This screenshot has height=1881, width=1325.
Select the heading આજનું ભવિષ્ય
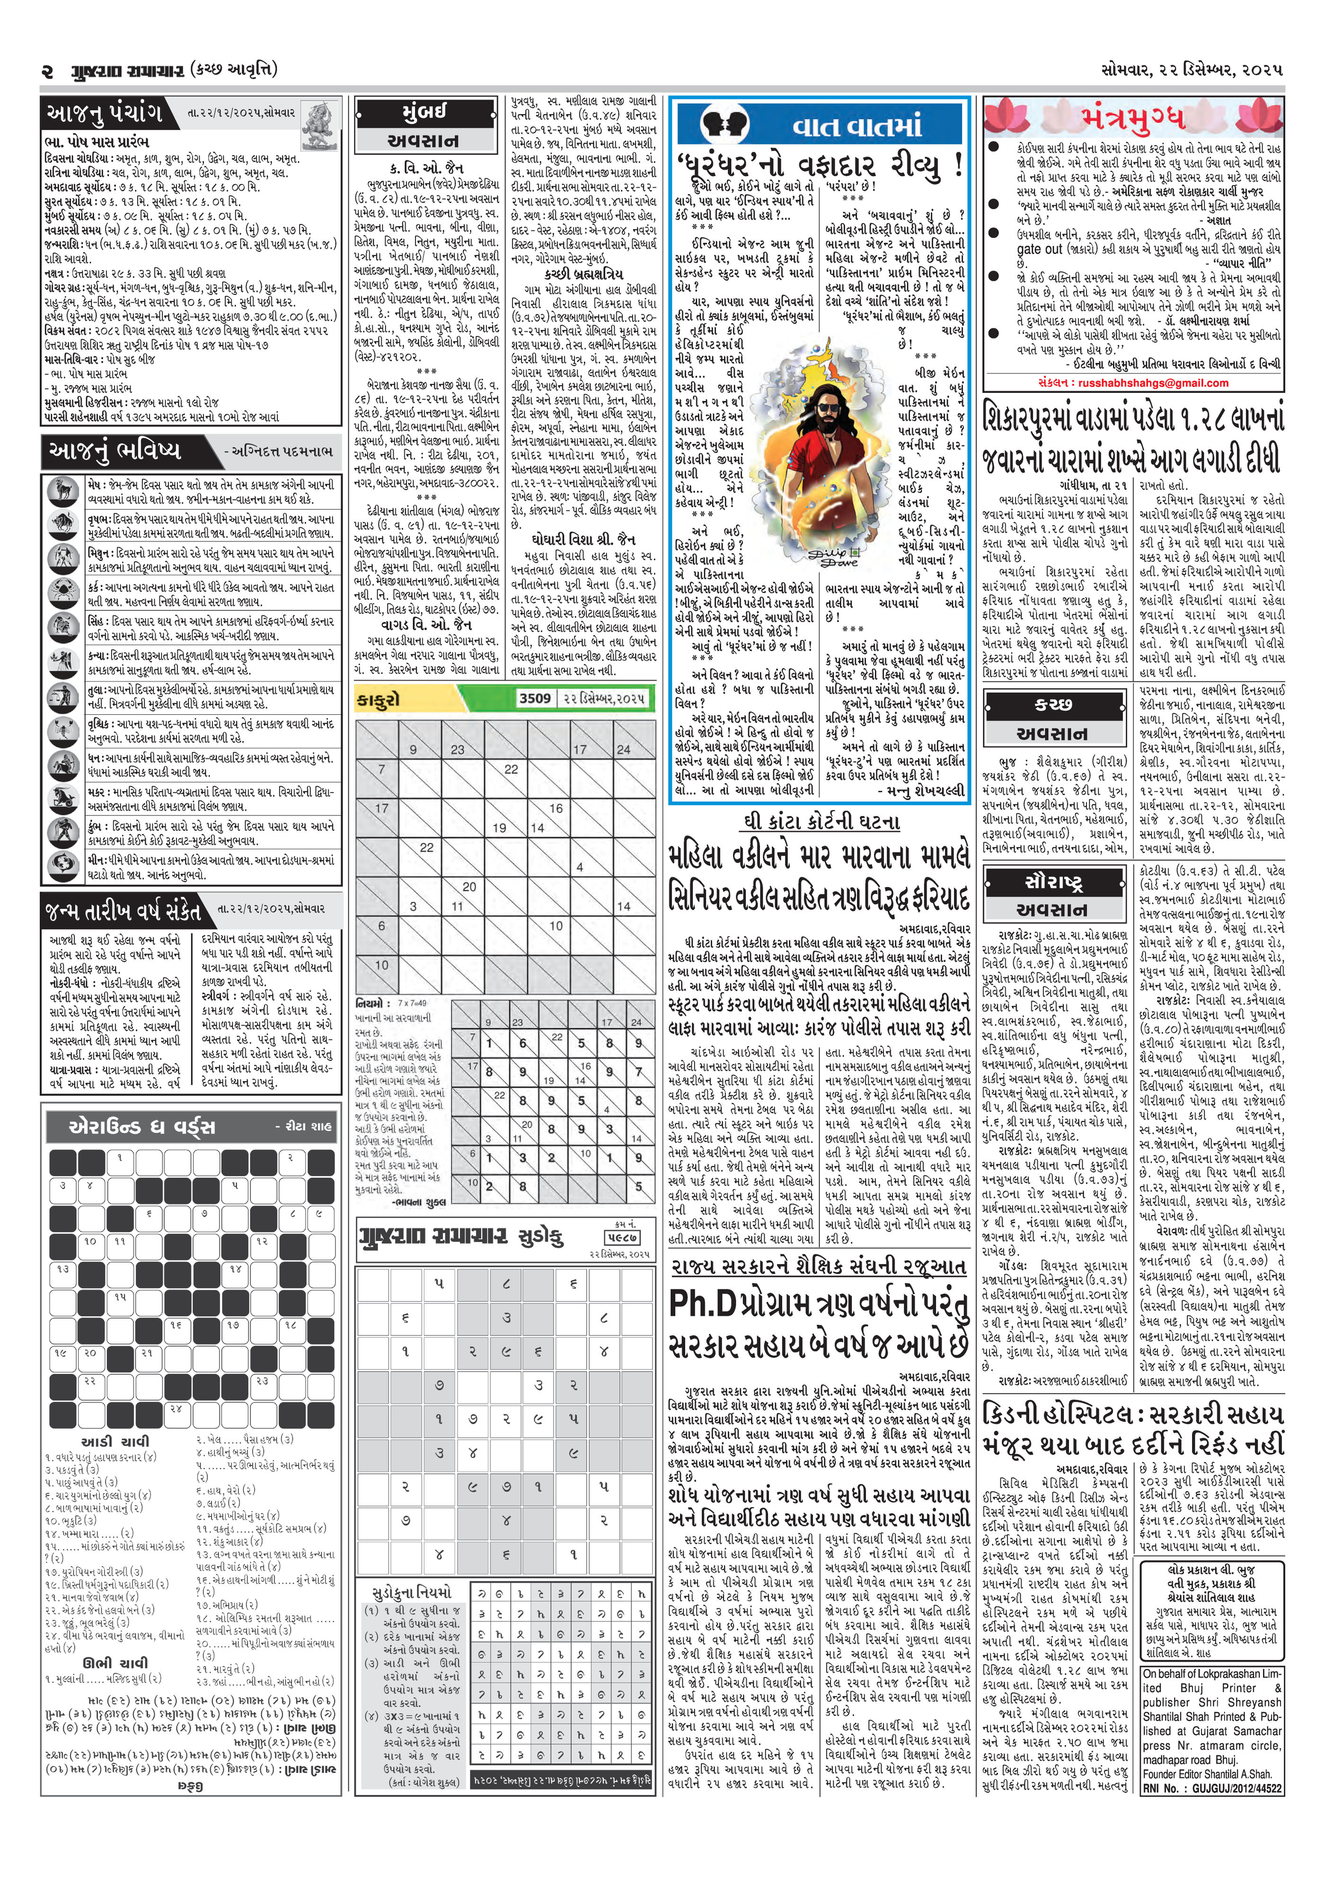pyautogui.click(x=115, y=450)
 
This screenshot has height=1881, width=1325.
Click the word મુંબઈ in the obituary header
pyautogui.click(x=424, y=112)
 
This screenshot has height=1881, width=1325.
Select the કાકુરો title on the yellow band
pyautogui.click(x=379, y=700)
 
